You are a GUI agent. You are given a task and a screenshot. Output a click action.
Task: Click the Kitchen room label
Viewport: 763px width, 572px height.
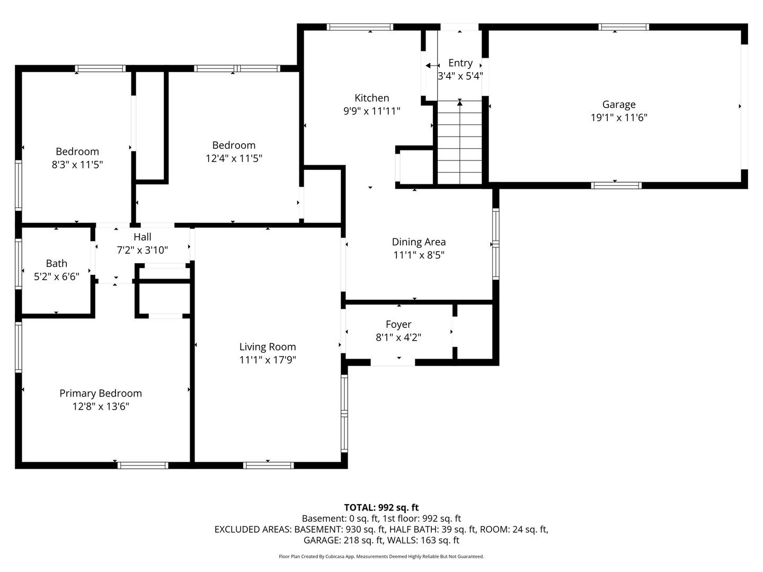[371, 98]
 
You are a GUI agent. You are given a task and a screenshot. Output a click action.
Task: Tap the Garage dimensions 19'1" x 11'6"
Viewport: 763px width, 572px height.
[619, 118]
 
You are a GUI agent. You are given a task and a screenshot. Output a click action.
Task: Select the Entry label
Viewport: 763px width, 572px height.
[460, 63]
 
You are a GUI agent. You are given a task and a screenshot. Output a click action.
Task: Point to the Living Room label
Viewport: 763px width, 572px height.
[267, 346]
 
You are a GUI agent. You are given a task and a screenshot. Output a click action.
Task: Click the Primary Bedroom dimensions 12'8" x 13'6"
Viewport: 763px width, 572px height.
[101, 406]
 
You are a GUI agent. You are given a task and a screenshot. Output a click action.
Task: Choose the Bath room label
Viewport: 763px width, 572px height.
[56, 263]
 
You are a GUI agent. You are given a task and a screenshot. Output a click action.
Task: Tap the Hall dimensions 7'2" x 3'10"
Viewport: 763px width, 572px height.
[142, 250]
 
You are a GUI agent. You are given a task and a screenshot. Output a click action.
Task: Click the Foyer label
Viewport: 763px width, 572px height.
[398, 324]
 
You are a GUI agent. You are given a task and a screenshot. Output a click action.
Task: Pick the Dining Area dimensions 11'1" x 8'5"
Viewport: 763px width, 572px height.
[419, 255]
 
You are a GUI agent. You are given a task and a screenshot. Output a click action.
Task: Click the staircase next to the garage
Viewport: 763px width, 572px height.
[459, 142]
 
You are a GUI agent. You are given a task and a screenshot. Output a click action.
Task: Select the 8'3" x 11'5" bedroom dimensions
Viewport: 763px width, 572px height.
[77, 165]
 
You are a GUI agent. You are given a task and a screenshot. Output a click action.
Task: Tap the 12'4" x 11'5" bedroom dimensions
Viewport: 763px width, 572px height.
[234, 158]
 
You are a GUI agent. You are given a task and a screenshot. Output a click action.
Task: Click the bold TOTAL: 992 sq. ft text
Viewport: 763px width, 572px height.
[381, 507]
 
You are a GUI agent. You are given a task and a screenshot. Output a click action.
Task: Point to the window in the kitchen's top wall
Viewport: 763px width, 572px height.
[360, 26]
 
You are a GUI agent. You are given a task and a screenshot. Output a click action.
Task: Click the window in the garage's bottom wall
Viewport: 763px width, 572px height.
[616, 185]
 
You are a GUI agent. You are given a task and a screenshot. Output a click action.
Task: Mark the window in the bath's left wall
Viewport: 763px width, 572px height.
[19, 264]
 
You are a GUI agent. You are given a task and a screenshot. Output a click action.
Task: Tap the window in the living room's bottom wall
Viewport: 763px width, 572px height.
[268, 466]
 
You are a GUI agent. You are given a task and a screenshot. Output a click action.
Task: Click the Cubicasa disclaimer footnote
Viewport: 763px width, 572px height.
[381, 556]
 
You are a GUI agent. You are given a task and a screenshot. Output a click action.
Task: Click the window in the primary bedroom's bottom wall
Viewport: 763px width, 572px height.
[143, 466]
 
